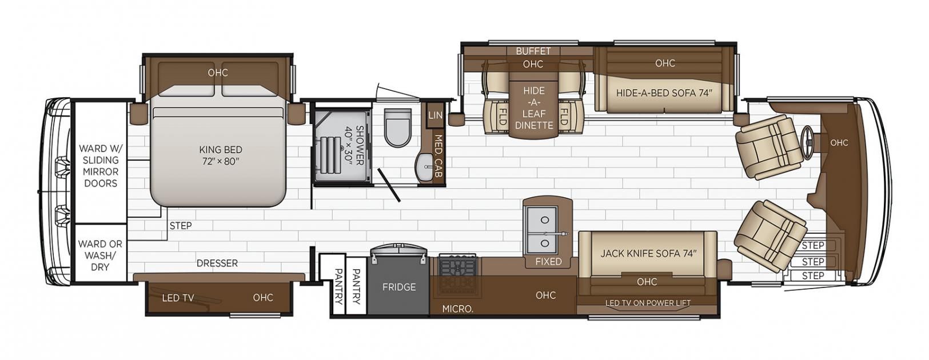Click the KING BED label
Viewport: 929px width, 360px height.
tap(221, 150)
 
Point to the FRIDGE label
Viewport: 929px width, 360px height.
tap(399, 287)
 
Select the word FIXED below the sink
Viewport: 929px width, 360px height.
tap(548, 262)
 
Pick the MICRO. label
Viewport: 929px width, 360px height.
tap(458, 309)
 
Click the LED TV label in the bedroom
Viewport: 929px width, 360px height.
tap(178, 298)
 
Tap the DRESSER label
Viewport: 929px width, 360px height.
tap(217, 263)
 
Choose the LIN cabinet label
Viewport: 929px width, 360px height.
tap(435, 115)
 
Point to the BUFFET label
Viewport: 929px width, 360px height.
tap(533, 51)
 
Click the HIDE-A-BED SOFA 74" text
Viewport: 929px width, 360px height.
tap(664, 93)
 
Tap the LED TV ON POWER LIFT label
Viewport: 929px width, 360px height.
tap(648, 303)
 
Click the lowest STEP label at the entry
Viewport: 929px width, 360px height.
tap(813, 276)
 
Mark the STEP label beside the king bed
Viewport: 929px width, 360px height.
tap(181, 226)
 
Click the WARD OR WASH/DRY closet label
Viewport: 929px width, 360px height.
tap(100, 255)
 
